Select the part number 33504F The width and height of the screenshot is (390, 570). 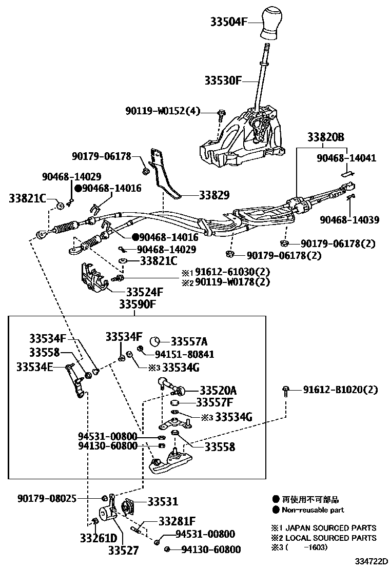tap(228, 22)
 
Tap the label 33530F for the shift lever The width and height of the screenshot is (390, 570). tap(223, 80)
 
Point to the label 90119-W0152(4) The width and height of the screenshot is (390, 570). tap(163, 111)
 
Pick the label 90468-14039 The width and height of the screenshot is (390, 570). tap(349, 220)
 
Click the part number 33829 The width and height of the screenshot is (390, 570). tap(214, 195)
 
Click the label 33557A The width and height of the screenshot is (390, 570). tap(189, 341)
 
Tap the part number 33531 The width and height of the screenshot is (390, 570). tap(163, 502)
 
